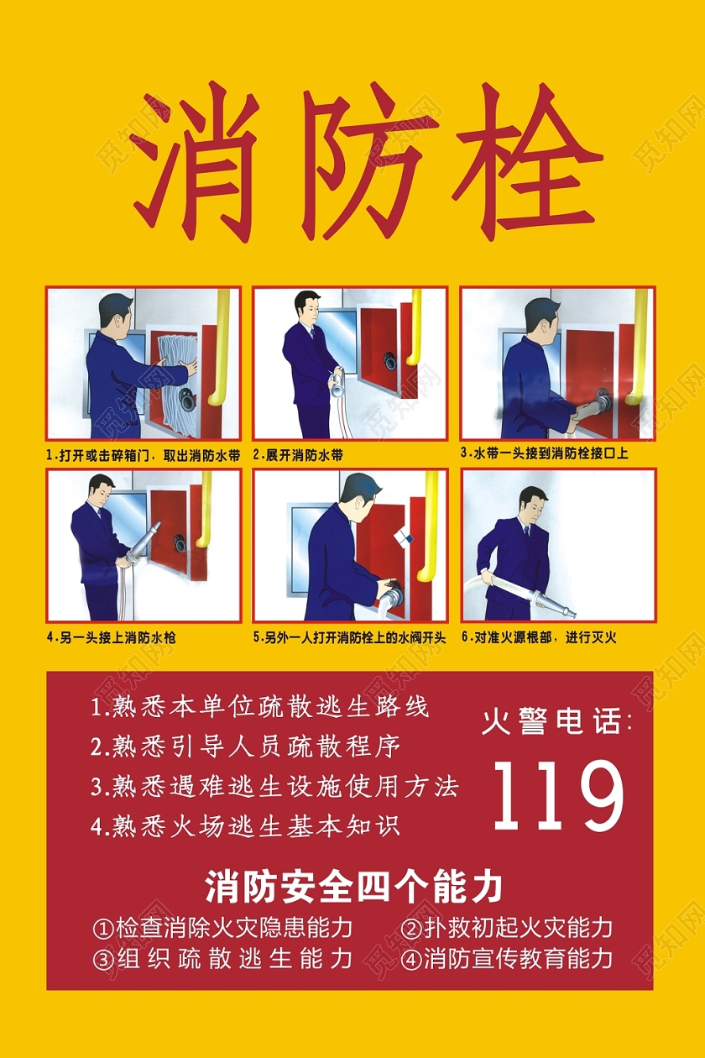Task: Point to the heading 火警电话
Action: pos(556,721)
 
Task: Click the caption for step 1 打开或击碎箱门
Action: pos(144,455)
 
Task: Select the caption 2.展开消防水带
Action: pos(299,455)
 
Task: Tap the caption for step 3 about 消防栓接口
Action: pos(545,453)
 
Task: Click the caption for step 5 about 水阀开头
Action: pos(349,637)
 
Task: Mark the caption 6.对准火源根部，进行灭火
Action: pos(539,637)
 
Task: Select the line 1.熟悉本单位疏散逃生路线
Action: pos(260,707)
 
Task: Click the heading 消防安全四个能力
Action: pos(353,887)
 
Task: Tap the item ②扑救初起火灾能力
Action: pos(506,928)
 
